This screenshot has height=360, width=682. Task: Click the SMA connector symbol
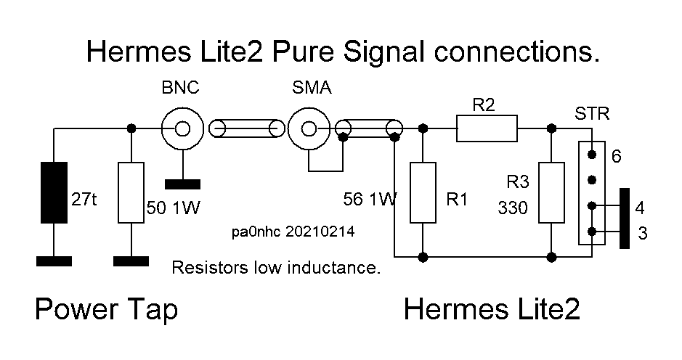308,130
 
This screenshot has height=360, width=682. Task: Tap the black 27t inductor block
55,192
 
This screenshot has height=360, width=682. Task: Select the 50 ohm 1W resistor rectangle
131,192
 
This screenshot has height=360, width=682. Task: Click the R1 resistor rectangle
423,192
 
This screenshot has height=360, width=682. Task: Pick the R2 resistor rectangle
487,128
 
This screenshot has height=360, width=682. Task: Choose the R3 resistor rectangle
551,192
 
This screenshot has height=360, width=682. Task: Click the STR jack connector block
593,192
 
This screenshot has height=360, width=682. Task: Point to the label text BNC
179,89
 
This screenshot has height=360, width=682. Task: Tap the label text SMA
312,89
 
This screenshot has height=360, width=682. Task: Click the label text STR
592,114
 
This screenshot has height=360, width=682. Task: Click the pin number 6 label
617,156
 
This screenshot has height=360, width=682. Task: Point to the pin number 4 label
640,209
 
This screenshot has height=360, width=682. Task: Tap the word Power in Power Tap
75,310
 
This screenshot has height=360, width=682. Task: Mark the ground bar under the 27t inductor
54,260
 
